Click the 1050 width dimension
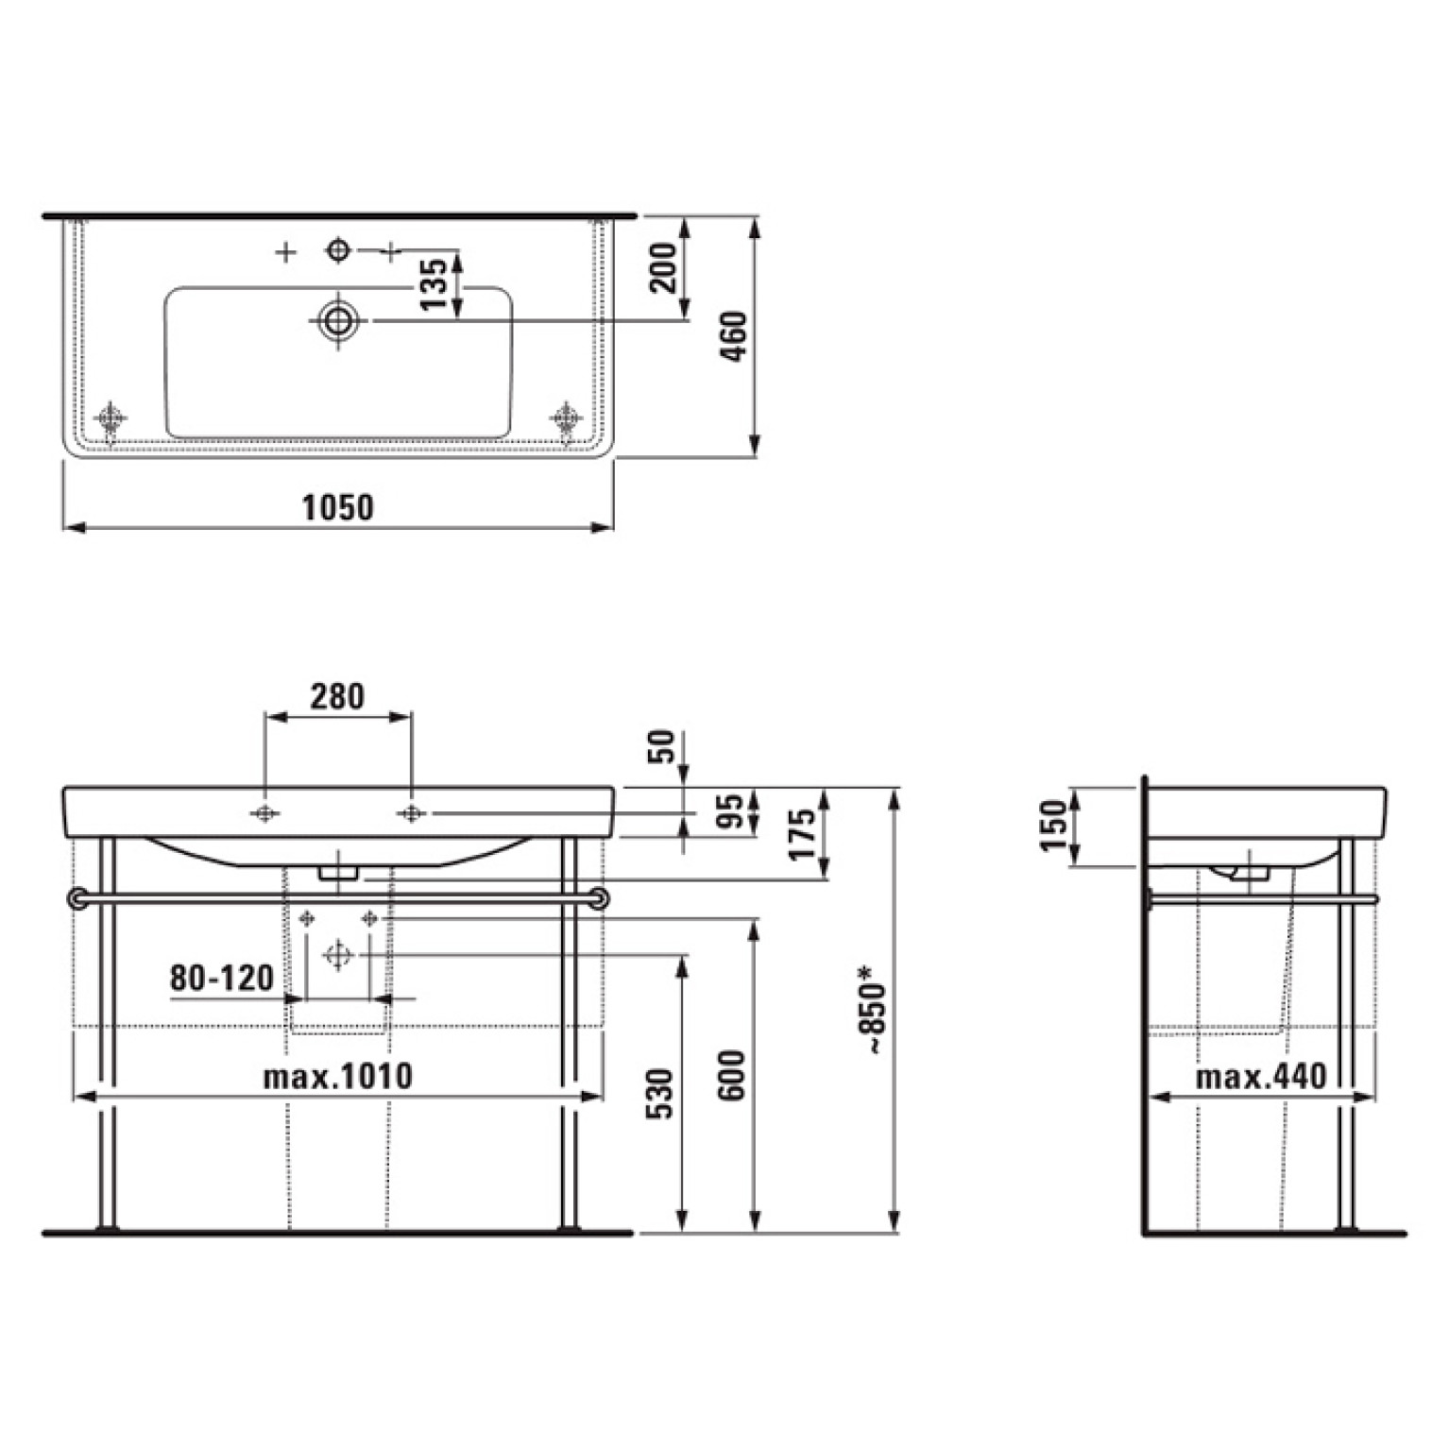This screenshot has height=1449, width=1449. click(x=337, y=507)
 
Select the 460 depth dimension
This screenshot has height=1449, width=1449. click(x=734, y=336)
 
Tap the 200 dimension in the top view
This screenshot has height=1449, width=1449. click(x=665, y=267)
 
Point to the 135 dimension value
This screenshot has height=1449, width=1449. click(x=433, y=282)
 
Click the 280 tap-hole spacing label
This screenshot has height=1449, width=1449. click(x=337, y=696)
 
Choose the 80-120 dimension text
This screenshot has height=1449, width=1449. click(x=222, y=977)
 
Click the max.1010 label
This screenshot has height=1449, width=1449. click(x=337, y=1076)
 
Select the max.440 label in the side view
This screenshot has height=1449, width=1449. click(x=1261, y=1076)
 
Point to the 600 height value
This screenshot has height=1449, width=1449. click(x=732, y=1075)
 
